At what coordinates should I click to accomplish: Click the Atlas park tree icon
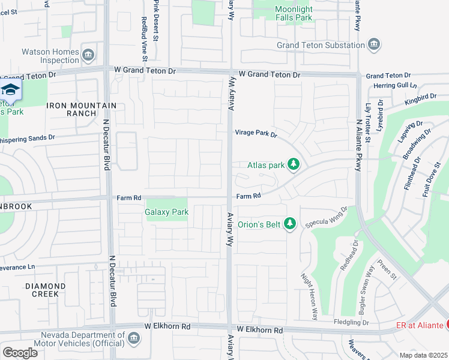click(293, 164)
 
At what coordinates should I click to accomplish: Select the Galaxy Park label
click(166, 212)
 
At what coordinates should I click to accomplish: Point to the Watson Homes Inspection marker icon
click(88, 56)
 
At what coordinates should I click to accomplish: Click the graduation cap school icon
click(10, 90)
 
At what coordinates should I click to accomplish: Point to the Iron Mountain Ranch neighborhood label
click(82, 109)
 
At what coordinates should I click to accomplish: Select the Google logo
click(20, 352)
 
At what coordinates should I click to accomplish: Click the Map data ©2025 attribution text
click(423, 355)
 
